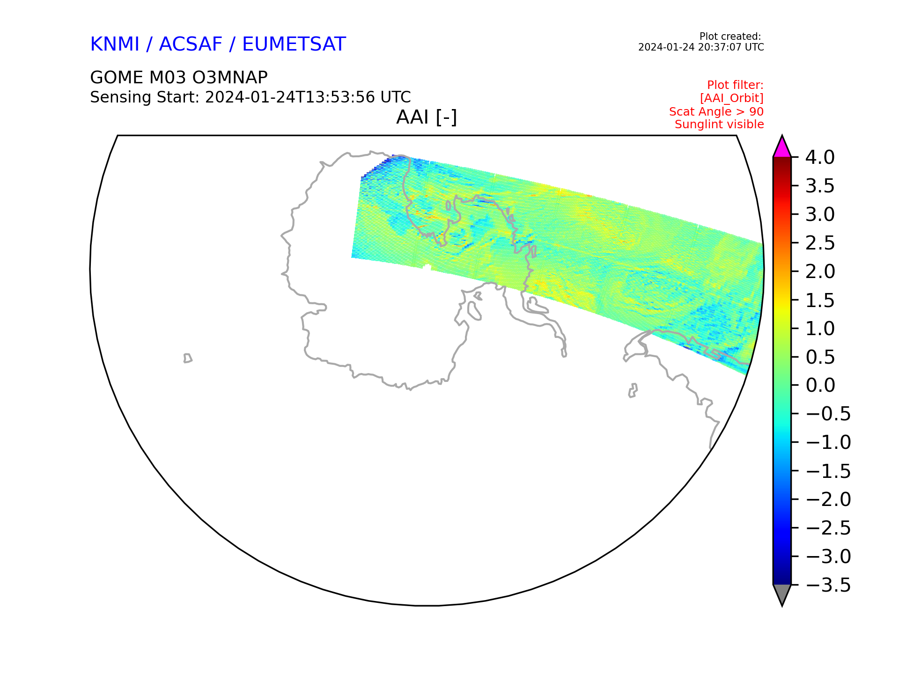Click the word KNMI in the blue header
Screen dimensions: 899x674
point(115,44)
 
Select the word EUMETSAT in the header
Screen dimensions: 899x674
point(294,44)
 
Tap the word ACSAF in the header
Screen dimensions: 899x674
point(191,44)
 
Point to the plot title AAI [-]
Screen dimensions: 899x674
point(427,117)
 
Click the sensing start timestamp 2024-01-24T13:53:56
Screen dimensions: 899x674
point(290,97)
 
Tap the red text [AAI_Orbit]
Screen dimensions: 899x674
point(732,98)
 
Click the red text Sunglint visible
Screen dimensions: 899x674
point(719,125)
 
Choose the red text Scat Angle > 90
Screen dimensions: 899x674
point(716,111)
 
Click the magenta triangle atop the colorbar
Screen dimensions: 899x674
point(782,147)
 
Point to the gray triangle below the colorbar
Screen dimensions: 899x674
point(782,594)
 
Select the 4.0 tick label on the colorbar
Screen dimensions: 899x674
point(820,158)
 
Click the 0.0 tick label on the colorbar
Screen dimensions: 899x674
point(820,385)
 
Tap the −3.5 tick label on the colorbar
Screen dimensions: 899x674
point(828,585)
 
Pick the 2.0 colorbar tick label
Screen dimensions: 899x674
point(820,271)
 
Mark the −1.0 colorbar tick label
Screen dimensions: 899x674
point(828,442)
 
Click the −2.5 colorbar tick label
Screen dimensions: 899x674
point(828,528)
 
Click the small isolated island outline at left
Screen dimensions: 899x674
point(188,358)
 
